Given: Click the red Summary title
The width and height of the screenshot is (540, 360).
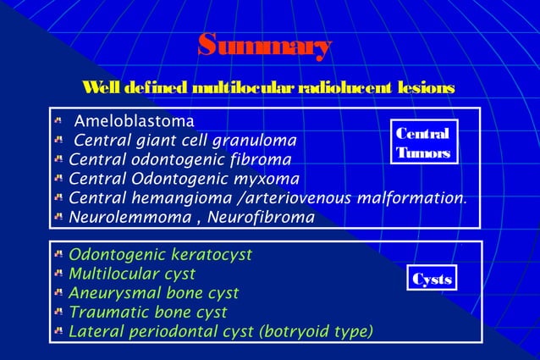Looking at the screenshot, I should coord(264,47).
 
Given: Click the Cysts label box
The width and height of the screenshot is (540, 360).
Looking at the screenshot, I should coord(432,280).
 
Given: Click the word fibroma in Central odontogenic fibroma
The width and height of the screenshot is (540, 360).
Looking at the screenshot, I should coord(262,159).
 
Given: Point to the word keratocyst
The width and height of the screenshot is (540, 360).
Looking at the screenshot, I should coord(203,254).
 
